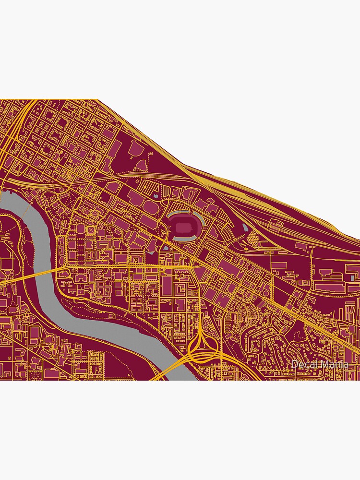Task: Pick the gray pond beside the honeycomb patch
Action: point(245,226)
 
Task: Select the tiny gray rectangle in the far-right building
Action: point(353,277)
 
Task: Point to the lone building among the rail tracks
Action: point(275,225)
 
